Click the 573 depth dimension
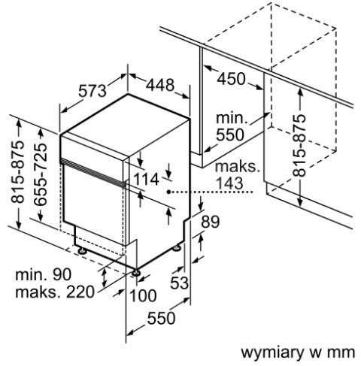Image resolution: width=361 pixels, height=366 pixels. (x=93, y=91)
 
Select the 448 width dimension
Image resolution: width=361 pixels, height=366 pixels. (x=160, y=85)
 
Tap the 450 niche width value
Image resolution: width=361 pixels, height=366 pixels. (x=231, y=79)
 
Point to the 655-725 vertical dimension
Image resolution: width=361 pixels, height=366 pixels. (x=41, y=174)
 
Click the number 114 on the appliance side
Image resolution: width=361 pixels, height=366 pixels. (x=146, y=180)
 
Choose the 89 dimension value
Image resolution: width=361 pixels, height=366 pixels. (x=211, y=222)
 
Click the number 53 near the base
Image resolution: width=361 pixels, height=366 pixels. (x=179, y=283)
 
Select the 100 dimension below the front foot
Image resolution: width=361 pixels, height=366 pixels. (x=143, y=295)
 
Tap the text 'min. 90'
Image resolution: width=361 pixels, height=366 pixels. (x=44, y=274)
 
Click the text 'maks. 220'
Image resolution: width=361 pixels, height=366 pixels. (x=55, y=292)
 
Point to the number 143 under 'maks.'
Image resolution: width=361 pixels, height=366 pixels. (x=229, y=183)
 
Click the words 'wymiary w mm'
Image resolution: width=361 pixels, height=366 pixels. (x=298, y=352)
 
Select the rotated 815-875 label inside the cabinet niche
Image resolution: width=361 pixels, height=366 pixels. (x=299, y=146)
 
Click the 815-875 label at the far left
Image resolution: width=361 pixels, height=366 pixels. (x=18, y=171)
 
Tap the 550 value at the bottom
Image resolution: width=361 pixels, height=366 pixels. (x=161, y=318)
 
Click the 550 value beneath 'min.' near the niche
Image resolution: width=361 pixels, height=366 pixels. (x=230, y=135)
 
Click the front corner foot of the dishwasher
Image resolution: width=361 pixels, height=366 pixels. (x=135, y=273)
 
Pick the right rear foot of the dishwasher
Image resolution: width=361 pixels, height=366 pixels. (x=177, y=247)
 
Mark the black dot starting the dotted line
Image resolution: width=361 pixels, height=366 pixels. (x=169, y=192)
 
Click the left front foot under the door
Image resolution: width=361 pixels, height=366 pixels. (x=82, y=250)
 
